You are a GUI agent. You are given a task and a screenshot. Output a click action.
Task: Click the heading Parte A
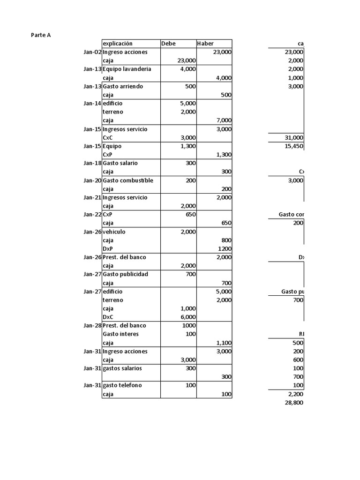[41, 35]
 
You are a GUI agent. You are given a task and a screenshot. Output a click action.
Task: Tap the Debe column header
[168, 44]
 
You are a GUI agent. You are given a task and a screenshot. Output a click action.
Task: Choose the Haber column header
[205, 44]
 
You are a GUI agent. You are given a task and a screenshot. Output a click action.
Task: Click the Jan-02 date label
[92, 52]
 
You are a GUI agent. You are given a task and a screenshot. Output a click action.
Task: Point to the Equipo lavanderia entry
[127, 69]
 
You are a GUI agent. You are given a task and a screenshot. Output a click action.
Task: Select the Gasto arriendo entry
[123, 86]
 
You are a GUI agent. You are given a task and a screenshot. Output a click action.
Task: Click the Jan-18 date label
[92, 163]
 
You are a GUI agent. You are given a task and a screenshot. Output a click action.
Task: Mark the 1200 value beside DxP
[225, 249]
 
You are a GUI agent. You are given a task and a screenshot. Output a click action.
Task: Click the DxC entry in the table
[108, 317]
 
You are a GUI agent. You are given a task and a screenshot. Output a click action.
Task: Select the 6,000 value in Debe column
[188, 317]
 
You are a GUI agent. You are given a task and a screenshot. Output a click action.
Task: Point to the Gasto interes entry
[120, 334]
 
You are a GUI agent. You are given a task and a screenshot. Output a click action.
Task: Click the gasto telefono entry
[122, 385]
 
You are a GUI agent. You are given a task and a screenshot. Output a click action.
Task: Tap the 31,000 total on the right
[294, 138]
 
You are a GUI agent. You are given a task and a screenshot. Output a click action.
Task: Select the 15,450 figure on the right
[294, 146]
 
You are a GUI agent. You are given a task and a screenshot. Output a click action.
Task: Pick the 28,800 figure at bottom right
[294, 403]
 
